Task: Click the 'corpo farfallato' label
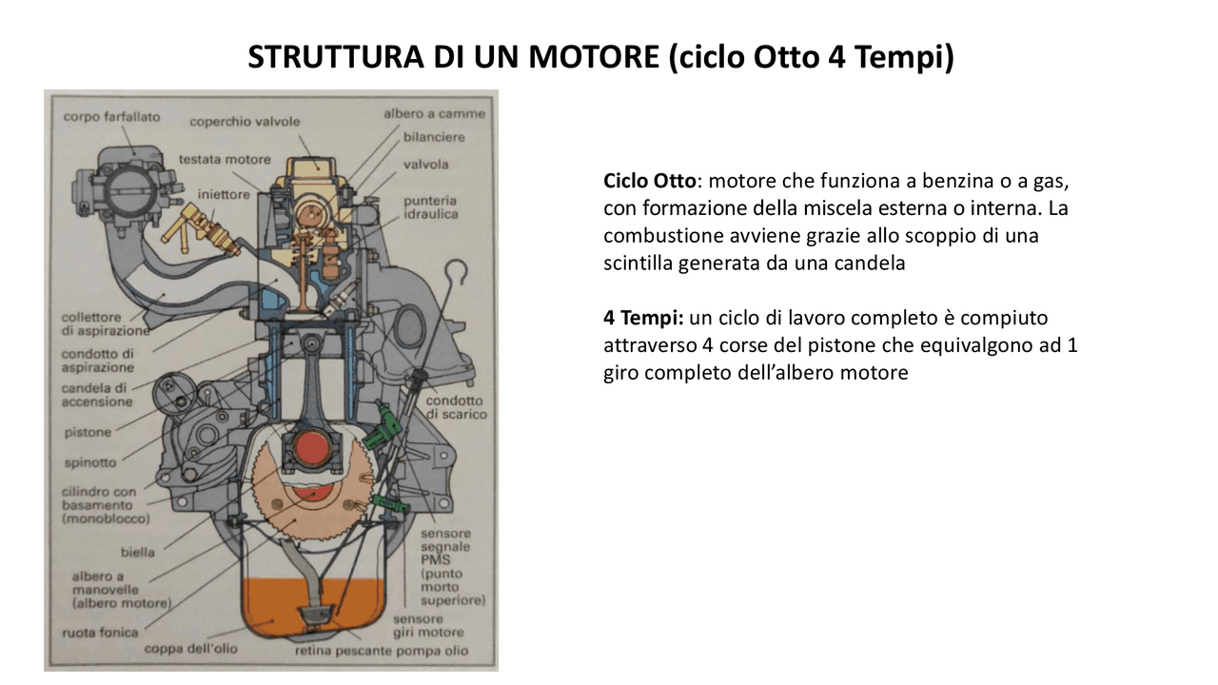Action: coord(112,117)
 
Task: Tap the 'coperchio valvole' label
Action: coord(245,122)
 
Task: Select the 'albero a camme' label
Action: coord(434,113)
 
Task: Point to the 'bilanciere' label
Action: coord(434,137)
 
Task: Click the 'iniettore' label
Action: coord(224,194)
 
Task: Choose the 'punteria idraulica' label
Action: coord(430,207)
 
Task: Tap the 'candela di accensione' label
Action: coord(97,395)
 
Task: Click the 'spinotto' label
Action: coord(89,462)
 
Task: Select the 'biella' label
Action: coord(138,552)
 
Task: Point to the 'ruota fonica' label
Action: coord(100,632)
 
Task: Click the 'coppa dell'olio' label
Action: coord(190,649)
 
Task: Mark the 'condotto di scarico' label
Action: coord(456,407)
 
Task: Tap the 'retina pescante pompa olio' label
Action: coord(382,651)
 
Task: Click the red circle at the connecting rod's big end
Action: coord(311,448)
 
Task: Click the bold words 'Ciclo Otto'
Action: coord(649,181)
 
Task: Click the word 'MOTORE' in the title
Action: coord(593,57)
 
